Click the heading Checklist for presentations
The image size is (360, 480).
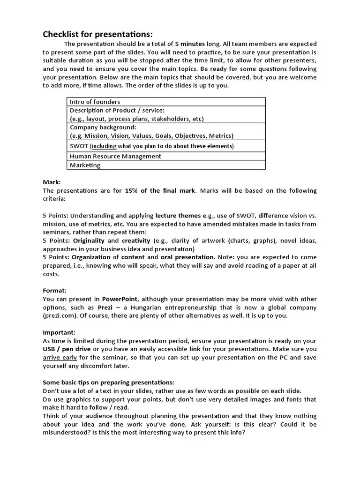click(97, 34)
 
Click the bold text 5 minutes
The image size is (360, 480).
click(190, 44)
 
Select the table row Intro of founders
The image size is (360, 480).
click(95, 102)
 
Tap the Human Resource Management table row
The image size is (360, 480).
click(115, 156)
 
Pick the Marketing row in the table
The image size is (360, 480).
click(85, 165)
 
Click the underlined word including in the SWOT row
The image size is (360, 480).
click(104, 146)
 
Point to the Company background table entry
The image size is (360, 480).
click(103, 127)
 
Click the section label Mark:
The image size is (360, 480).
click(52, 182)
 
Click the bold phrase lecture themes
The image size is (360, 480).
click(178, 216)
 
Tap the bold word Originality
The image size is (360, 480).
click(89, 241)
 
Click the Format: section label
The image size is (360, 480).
click(55, 291)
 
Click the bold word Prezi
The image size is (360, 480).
click(105, 307)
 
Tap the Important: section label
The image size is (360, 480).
click(59, 332)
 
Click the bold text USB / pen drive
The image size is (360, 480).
click(66, 349)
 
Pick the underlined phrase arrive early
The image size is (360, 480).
click(60, 358)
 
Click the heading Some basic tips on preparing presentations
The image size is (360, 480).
click(108, 382)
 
